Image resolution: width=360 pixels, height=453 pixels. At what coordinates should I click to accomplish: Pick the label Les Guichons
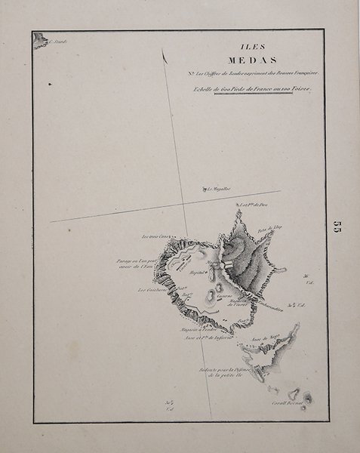[152, 288]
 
